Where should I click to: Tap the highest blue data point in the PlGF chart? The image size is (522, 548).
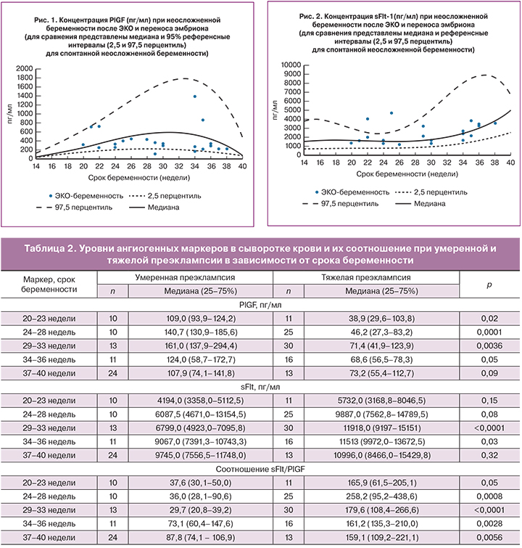[194, 96]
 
